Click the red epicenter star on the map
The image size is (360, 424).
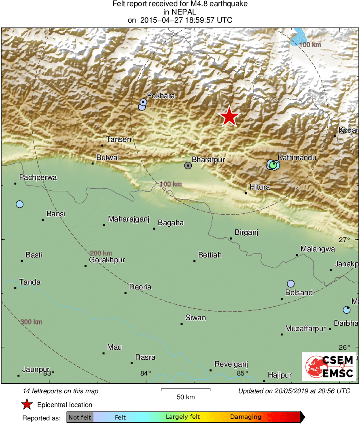point(229,116)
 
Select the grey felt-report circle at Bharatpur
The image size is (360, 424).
point(188,165)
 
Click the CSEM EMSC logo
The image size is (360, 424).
point(329,366)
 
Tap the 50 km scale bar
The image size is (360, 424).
point(186,390)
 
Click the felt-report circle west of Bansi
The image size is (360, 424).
point(19,204)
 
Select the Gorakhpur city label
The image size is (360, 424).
point(107,260)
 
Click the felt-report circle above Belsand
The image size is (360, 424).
point(290,284)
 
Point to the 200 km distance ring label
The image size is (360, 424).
point(101,253)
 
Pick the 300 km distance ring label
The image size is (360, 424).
point(32,322)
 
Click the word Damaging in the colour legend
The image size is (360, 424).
point(246,417)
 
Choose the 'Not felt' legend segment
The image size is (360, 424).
point(80,417)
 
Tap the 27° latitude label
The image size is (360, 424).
point(345,240)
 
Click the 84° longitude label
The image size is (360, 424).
point(146,373)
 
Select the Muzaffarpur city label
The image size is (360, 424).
point(305,329)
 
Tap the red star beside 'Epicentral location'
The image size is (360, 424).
point(27,404)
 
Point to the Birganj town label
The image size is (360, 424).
point(246,232)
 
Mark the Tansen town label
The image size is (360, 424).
point(119,139)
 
